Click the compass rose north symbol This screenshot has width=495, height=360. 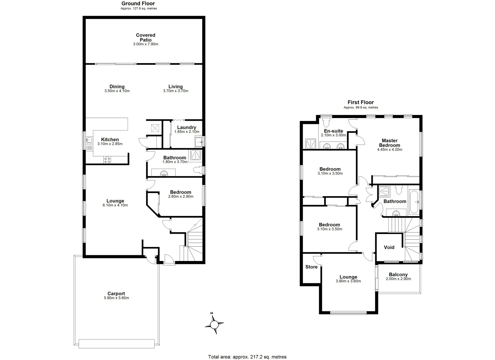pyautogui.click(x=214, y=324)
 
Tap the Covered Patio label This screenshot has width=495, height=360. pyautogui.click(x=146, y=37)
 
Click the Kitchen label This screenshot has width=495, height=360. pyautogui.click(x=110, y=140)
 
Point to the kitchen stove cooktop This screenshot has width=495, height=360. pyautogui.click(x=107, y=160)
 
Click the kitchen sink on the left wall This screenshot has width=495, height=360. pyautogui.click(x=89, y=143)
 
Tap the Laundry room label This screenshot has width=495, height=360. pyautogui.click(x=187, y=127)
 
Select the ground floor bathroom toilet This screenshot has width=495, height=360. pyautogui.click(x=198, y=170)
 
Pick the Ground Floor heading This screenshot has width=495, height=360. pyautogui.click(x=138, y=4)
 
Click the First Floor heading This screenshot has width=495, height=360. pyautogui.click(x=361, y=102)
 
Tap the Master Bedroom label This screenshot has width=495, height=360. pyautogui.click(x=390, y=143)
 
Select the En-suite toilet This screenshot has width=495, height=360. pyautogui.click(x=325, y=120)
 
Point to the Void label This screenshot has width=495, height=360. pyautogui.click(x=389, y=247)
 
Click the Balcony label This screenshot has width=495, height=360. pyautogui.click(x=398, y=275)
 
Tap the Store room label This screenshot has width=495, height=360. pyautogui.click(x=311, y=267)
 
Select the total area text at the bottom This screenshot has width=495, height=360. pyautogui.click(x=247, y=357)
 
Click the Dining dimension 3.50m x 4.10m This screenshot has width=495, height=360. pyautogui.click(x=117, y=91)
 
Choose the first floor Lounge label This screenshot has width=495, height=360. pyautogui.click(x=348, y=277)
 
